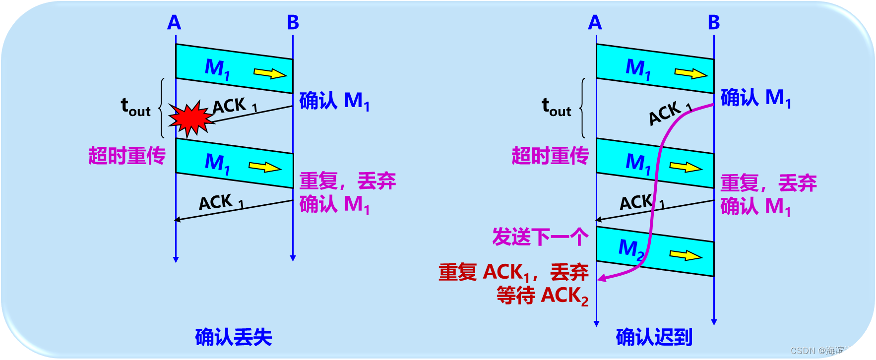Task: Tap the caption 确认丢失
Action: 233,337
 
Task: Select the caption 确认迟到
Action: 654,337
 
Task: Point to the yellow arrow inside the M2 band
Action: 686,255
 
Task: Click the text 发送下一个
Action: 540,237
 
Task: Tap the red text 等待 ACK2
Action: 542,296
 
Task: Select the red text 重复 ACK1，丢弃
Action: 513,272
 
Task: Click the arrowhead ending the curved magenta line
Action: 601,278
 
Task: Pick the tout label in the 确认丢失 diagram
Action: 135,107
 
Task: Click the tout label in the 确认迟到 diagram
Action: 556,107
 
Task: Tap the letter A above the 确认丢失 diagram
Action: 174,23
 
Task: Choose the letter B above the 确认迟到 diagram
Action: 713,23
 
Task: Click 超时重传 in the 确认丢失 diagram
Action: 126,156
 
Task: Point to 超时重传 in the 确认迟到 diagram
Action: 550,156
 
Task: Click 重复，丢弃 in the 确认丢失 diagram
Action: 347,181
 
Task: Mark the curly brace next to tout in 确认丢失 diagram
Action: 161,108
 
